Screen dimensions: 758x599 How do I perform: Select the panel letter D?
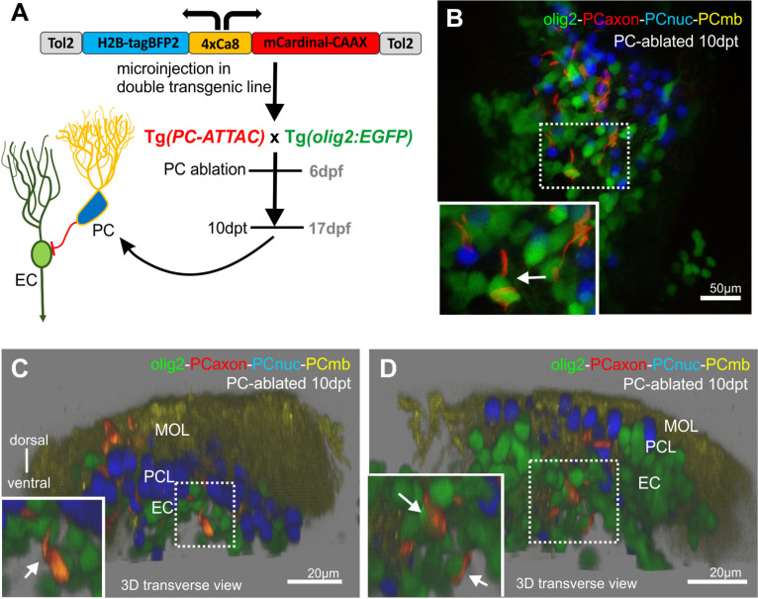[x=388, y=368]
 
